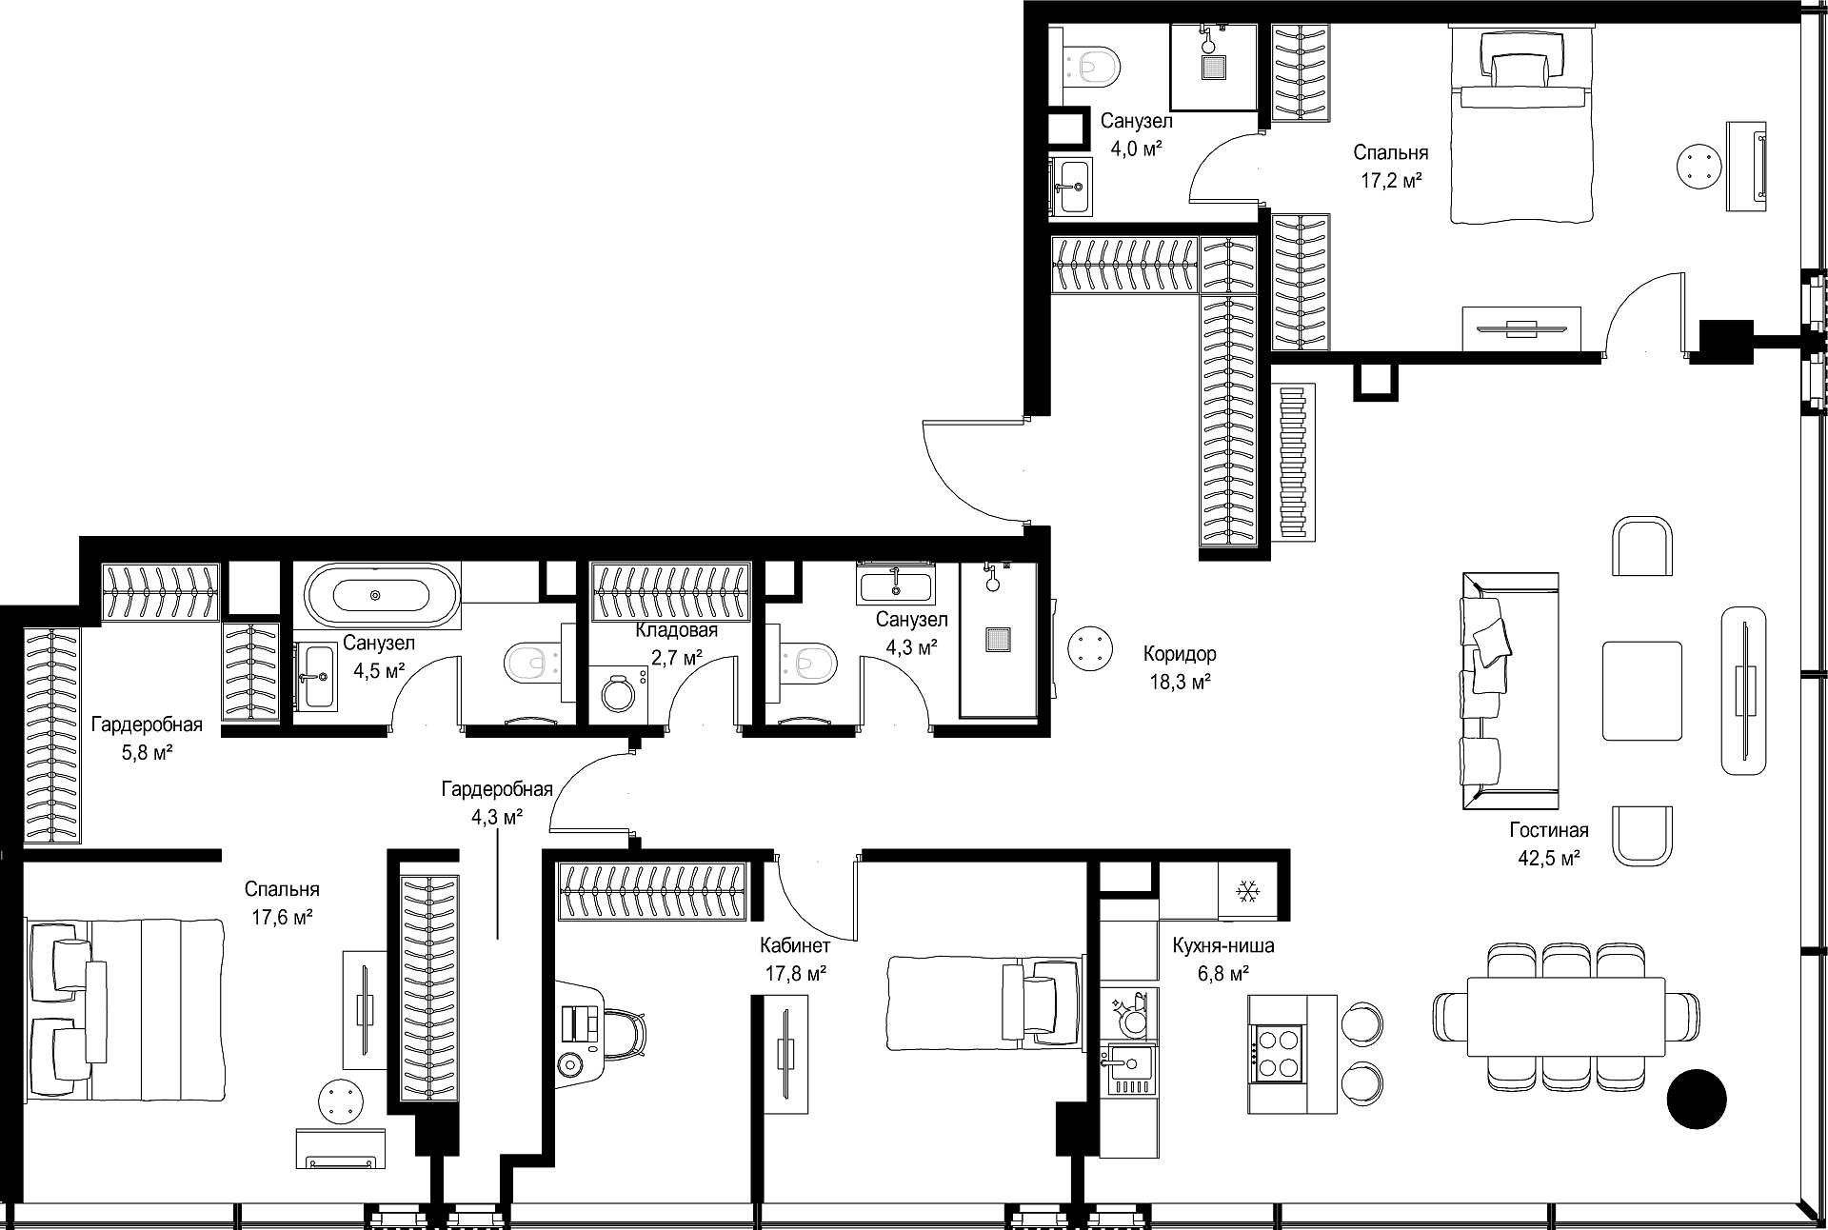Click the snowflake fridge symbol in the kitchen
tap(1246, 891)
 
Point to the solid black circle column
tap(1696, 1100)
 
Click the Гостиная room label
tap(1549, 830)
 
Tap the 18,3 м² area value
tap(1180, 682)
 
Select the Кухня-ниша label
tap(1223, 946)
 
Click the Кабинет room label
tap(795, 945)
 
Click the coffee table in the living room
tap(1642, 690)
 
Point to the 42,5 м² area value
tap(1549, 858)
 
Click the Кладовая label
tap(677, 630)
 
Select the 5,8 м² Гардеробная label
tap(147, 725)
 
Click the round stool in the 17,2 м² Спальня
tap(1699, 168)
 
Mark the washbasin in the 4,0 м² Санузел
tap(1072, 186)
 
